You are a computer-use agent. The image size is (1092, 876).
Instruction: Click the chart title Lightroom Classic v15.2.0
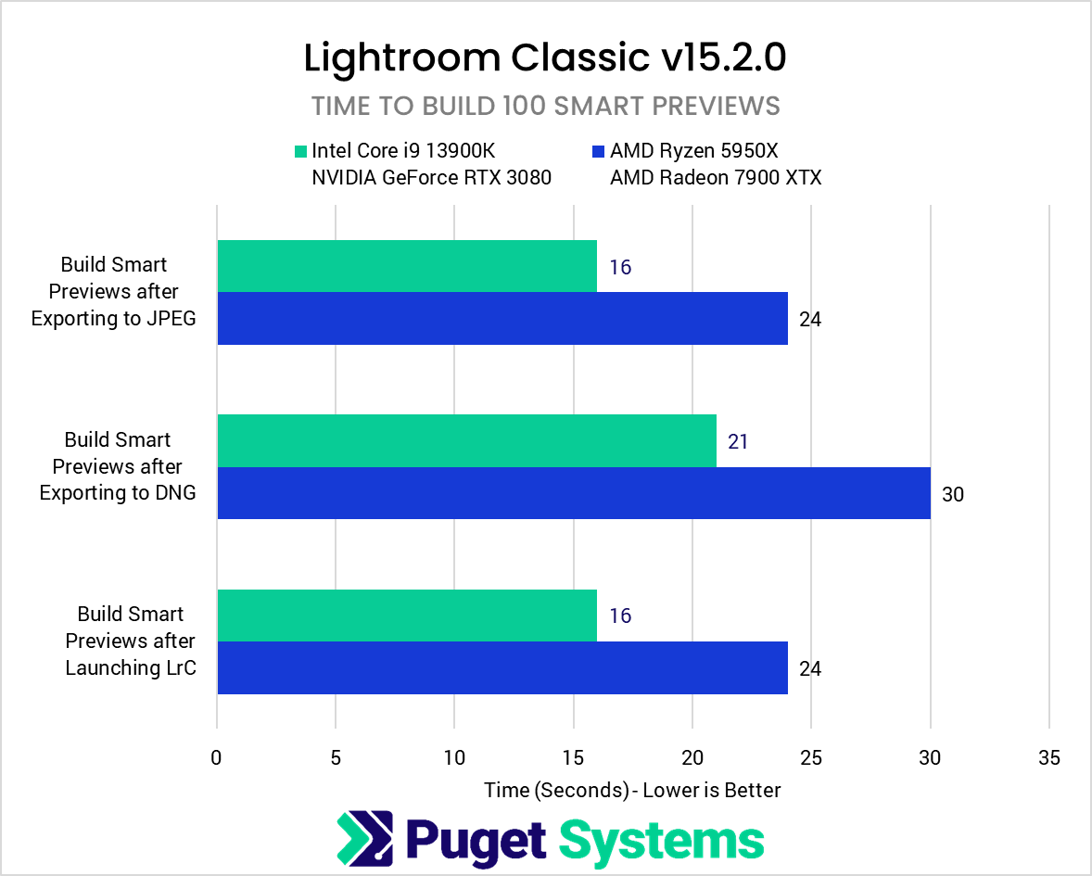tap(545, 57)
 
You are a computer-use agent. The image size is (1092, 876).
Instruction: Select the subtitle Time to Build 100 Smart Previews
tap(545, 106)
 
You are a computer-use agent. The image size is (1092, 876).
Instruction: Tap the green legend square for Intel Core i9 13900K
tap(300, 150)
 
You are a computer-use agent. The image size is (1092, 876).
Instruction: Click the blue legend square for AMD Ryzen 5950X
tap(598, 150)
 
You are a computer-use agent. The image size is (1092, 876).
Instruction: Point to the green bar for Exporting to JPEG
tap(406, 266)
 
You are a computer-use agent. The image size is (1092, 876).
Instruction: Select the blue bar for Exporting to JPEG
tap(502, 319)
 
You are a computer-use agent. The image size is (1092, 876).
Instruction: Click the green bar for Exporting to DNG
tap(466, 440)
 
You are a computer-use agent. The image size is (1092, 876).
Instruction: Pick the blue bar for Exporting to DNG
tap(573, 493)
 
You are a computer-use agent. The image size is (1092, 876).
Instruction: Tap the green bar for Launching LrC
tap(406, 615)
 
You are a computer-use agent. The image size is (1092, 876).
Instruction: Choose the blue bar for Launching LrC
tap(502, 667)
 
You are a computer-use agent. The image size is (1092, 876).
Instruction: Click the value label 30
tap(953, 494)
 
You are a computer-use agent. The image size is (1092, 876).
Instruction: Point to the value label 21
tap(738, 441)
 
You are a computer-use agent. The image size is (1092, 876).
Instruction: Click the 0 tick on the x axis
tap(217, 756)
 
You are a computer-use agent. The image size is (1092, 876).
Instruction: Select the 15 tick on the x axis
tap(573, 756)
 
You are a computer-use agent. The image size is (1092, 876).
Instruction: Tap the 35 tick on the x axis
tap(1048, 756)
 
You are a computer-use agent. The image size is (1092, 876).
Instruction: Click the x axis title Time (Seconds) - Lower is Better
tap(632, 790)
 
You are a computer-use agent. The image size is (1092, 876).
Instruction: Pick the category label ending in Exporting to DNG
tap(118, 466)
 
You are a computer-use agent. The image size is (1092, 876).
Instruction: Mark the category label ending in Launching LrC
tap(131, 641)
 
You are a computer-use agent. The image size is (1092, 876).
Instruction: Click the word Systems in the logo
tap(662, 840)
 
